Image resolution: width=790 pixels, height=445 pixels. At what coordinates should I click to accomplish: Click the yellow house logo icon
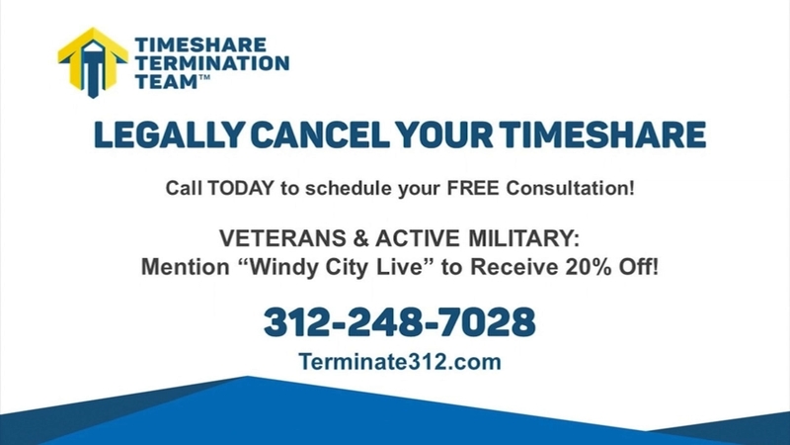click(93, 62)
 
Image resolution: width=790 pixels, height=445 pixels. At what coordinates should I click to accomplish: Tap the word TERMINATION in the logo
click(212, 63)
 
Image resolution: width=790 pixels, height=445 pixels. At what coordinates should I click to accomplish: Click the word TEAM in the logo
click(166, 81)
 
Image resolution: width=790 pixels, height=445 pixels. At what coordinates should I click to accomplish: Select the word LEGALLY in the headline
click(169, 134)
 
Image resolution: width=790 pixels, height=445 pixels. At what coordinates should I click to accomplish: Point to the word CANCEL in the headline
click(320, 134)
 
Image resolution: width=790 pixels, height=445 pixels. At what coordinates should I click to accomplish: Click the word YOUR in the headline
click(443, 134)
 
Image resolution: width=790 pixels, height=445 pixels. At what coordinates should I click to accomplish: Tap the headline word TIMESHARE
click(602, 134)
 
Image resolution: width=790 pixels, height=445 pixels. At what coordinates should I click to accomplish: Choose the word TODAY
click(241, 188)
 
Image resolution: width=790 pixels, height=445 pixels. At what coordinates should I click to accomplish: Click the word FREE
click(473, 188)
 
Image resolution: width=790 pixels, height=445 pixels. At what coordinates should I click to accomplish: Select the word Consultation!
click(571, 188)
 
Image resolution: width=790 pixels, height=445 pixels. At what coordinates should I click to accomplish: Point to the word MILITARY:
click(524, 238)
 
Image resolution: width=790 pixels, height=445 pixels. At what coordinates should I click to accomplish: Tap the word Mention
click(185, 267)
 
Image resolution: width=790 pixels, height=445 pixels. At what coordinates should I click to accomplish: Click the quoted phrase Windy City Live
click(337, 267)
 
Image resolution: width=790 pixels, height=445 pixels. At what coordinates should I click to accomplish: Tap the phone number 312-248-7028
click(400, 322)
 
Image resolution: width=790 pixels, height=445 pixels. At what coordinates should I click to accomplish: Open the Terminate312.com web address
click(400, 362)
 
